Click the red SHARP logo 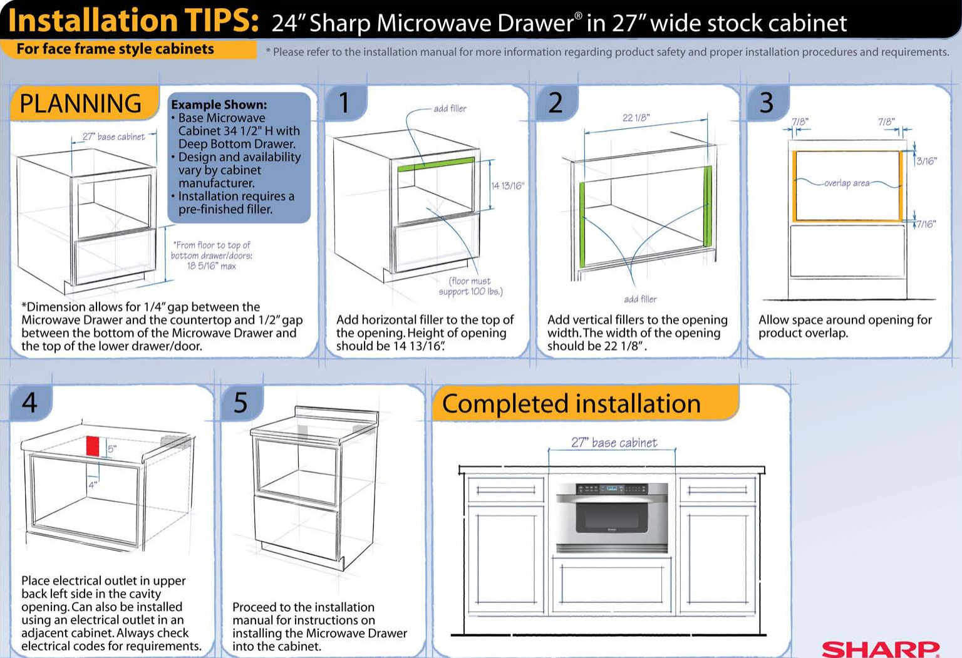[881, 649]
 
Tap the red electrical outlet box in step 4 [93, 446]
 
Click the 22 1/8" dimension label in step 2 [636, 118]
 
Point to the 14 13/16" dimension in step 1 [508, 185]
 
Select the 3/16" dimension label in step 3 [926, 161]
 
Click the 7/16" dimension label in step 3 [926, 224]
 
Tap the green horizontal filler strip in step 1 [435, 164]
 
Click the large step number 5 [240, 403]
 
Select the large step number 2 [556, 103]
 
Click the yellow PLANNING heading [81, 103]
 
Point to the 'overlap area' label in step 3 [847, 183]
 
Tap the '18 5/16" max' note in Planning [211, 266]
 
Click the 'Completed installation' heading [571, 403]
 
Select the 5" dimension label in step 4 [112, 449]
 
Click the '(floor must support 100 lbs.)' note [470, 286]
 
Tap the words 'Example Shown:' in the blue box [219, 105]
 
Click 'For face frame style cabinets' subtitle [115, 49]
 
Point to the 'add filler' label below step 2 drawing [640, 299]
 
